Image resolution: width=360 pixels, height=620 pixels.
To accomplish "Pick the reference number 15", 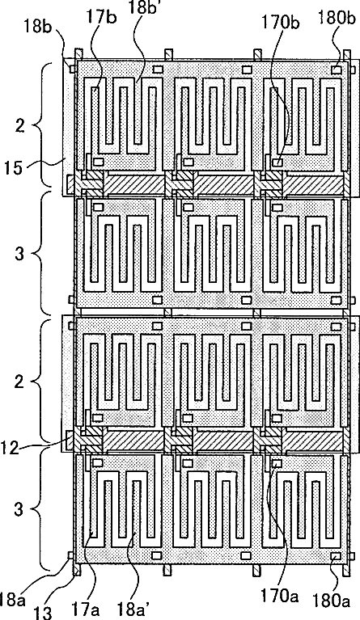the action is click(x=14, y=167).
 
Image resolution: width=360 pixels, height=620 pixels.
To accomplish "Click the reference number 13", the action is click(x=43, y=612).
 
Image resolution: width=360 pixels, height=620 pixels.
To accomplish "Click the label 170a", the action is click(x=279, y=595).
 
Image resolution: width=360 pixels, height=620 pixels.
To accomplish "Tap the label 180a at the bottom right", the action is click(x=332, y=601).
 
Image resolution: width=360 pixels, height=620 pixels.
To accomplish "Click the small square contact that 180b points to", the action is click(x=337, y=70).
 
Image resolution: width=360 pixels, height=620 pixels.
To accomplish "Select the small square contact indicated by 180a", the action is click(x=337, y=556).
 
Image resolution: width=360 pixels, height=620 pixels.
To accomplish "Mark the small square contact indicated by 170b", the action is click(x=277, y=162).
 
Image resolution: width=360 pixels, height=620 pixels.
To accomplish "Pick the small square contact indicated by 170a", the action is click(x=277, y=463).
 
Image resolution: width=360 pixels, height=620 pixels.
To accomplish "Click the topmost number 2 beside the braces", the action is click(x=19, y=126).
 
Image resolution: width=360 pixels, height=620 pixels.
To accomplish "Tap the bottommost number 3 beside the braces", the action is click(x=19, y=509).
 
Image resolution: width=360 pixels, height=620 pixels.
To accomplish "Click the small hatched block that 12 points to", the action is click(x=70, y=441).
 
